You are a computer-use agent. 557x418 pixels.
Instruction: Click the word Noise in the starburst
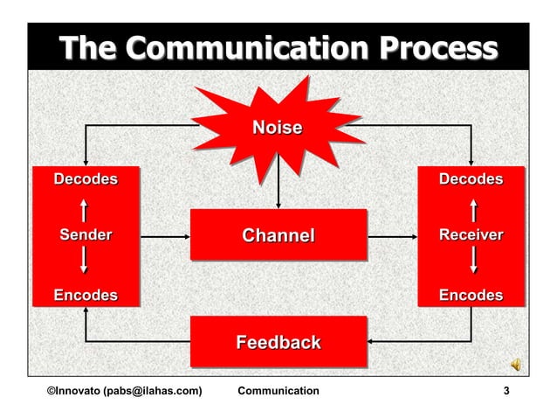[x=278, y=129]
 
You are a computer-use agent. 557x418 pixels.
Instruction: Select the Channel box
[x=278, y=235]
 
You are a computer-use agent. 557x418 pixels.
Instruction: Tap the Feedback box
[x=278, y=342]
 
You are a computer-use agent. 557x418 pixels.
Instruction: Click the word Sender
[x=86, y=235]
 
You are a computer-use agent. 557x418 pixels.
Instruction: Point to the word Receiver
[x=471, y=235]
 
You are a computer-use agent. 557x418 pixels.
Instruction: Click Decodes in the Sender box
[x=86, y=179]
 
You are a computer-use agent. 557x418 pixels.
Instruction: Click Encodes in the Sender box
[x=86, y=296]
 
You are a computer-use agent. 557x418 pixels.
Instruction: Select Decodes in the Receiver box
[x=471, y=179]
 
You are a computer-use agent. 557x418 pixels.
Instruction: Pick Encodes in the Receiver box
[x=471, y=296]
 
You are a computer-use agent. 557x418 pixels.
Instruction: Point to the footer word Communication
[x=278, y=390]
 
